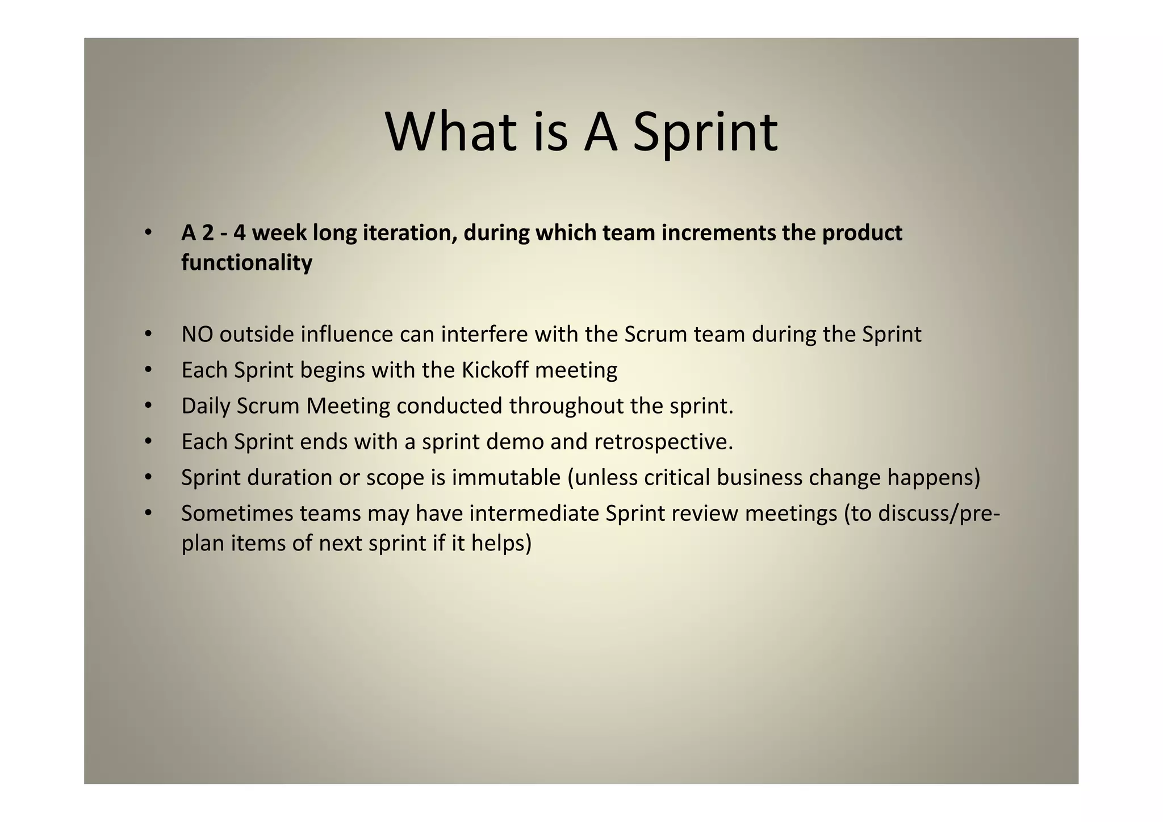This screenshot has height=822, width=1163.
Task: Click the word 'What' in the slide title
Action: click(x=451, y=132)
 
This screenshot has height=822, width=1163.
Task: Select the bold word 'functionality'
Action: click(x=246, y=263)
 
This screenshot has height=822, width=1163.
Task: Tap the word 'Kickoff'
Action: click(x=495, y=370)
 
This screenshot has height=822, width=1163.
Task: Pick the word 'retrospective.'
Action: click(x=664, y=443)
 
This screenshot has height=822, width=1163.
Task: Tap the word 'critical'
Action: click(x=677, y=478)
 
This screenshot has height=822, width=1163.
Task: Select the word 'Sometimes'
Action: click(x=237, y=514)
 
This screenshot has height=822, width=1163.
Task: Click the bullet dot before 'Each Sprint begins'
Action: click(x=148, y=370)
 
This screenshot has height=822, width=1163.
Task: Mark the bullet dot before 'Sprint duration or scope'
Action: click(x=148, y=478)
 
